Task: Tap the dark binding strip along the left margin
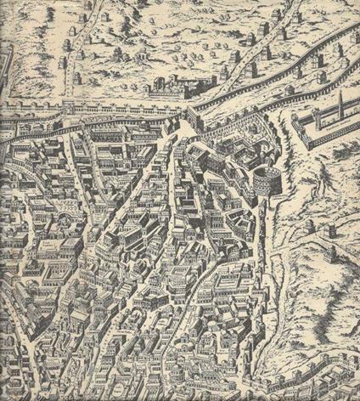3,255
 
